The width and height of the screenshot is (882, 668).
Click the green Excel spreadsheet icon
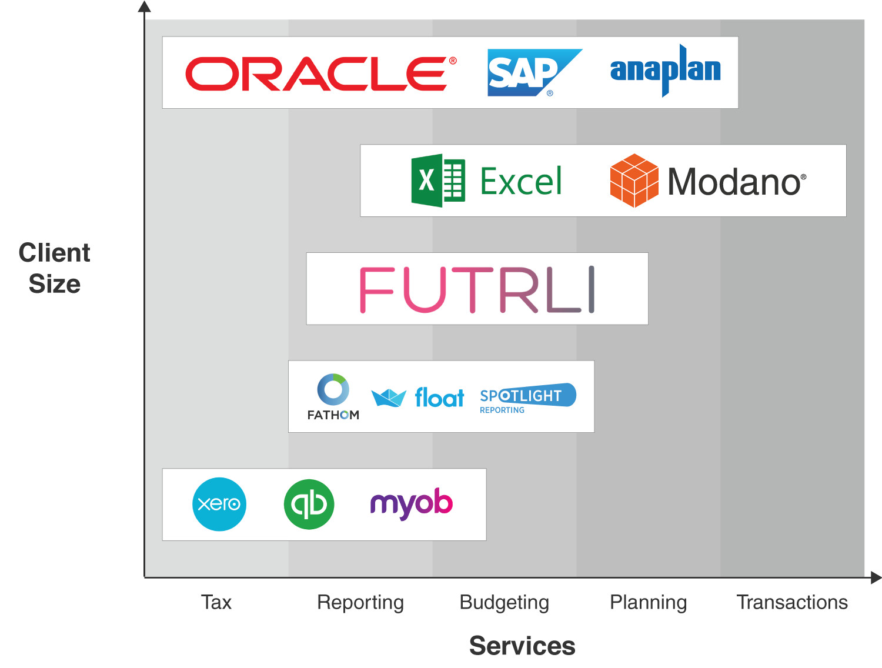438,181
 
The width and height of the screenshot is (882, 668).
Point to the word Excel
521,181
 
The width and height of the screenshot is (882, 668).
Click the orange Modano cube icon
634,181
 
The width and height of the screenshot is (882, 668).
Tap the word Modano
735,182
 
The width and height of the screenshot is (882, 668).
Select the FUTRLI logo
477,289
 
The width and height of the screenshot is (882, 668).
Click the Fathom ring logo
333,390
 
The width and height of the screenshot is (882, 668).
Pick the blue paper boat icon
389,398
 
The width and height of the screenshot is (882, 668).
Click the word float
439,398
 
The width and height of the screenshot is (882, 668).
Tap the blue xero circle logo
219,504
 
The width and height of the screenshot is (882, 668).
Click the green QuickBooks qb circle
309,504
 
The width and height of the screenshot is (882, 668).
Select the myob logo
411,503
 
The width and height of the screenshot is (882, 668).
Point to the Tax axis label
216,602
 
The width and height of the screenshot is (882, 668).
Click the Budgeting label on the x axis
504,602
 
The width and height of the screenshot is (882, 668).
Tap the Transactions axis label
791,602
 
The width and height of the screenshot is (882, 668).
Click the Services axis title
522,646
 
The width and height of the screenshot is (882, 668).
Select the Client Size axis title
54,268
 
